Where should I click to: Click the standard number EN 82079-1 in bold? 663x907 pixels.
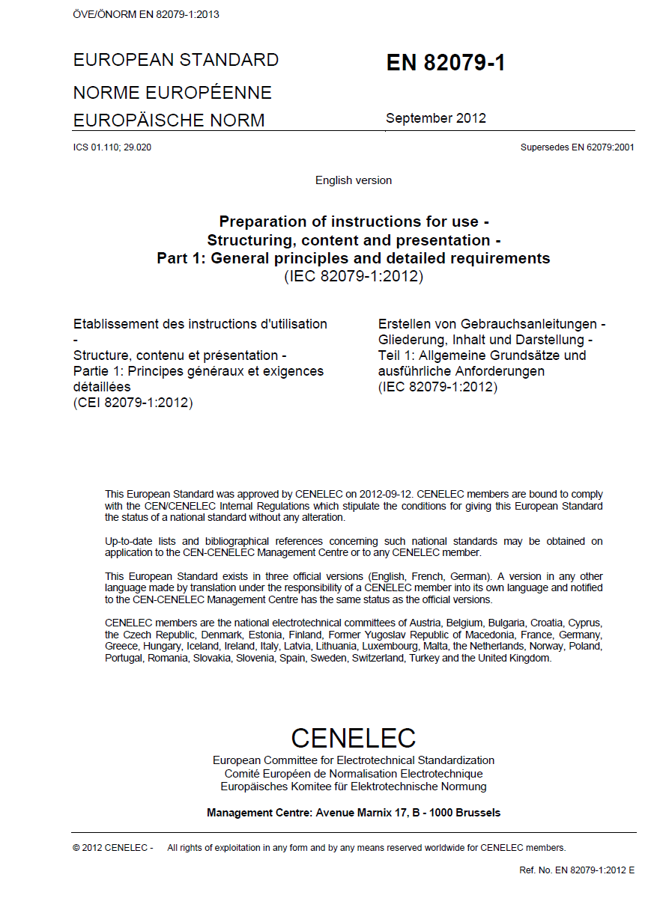tap(446, 63)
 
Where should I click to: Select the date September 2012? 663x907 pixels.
tap(435, 118)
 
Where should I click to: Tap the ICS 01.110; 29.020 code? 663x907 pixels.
tap(112, 147)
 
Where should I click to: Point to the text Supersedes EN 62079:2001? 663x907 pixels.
tap(577, 147)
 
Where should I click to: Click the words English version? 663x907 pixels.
tap(354, 180)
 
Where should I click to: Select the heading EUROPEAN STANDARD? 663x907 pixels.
tap(176, 60)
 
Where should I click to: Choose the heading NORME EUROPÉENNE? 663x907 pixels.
tap(172, 93)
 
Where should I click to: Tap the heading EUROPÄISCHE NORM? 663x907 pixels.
tap(169, 120)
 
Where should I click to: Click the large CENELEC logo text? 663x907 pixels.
tap(354, 738)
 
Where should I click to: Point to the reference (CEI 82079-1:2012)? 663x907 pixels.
tap(133, 403)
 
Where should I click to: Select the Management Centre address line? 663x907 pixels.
tap(354, 813)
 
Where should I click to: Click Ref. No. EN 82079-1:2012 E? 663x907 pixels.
tap(577, 870)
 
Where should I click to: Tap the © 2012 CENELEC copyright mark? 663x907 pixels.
tap(112, 848)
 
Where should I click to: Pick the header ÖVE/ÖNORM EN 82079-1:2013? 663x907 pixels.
tap(146, 14)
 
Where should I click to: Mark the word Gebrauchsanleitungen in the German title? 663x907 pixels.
tap(527, 324)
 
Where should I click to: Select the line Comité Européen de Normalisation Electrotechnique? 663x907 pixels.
tap(354, 774)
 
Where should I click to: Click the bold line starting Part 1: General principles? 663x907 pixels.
tap(354, 258)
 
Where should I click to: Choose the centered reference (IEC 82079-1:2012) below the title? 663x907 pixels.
tap(354, 276)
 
